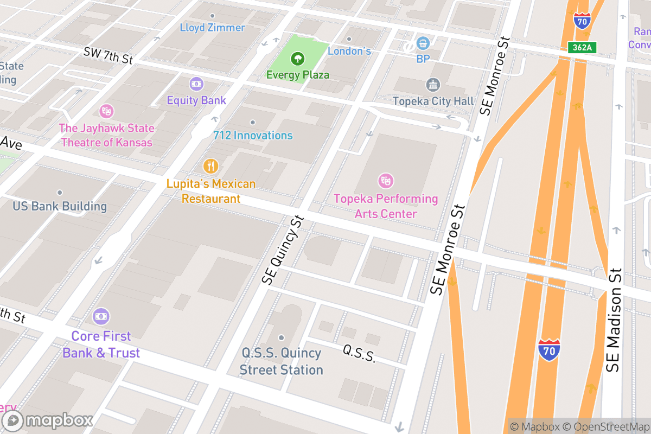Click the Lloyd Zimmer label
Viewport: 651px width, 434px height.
point(213,27)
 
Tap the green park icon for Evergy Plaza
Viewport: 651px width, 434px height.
point(297,58)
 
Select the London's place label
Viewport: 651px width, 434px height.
point(349,51)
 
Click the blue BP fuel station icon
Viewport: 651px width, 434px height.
point(423,43)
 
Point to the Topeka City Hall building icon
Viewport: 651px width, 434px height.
point(433,85)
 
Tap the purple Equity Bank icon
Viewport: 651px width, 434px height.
point(196,84)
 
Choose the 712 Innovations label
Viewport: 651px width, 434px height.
point(253,136)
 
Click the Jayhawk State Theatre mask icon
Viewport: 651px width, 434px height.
point(106,112)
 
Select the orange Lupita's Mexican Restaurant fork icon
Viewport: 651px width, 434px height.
point(210,166)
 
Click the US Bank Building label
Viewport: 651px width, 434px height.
point(60,206)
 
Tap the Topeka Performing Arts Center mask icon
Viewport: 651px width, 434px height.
point(386,181)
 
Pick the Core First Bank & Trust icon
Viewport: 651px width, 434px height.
point(101,316)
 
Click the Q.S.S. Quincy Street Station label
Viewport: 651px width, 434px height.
point(281,361)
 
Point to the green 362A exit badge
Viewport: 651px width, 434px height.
point(582,47)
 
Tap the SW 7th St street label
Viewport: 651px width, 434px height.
point(108,55)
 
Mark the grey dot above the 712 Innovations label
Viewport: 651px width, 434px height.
point(252,123)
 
